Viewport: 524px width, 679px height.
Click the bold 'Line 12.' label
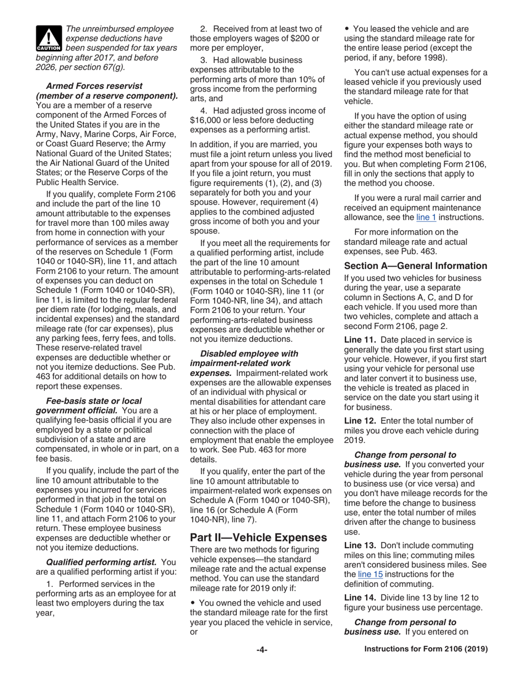click(x=360, y=421)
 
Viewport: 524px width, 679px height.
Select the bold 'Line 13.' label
click(x=360, y=545)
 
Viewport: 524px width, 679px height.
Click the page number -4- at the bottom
click(x=261, y=650)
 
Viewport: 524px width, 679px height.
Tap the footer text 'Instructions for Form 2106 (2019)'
click(x=426, y=650)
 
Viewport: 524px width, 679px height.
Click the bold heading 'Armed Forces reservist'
click(x=94, y=86)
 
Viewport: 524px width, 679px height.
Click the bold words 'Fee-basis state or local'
click(x=94, y=401)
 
